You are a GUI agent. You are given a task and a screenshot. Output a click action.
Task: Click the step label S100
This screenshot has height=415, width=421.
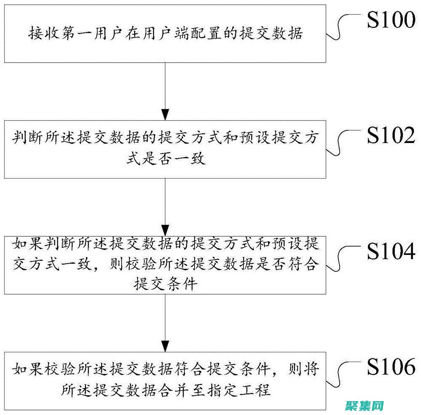pyautogui.click(x=391, y=21)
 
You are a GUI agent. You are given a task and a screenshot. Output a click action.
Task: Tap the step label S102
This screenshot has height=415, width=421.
pyautogui.click(x=391, y=136)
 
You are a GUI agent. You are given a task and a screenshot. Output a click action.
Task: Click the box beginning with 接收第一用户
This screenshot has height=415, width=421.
pyautogui.click(x=166, y=33)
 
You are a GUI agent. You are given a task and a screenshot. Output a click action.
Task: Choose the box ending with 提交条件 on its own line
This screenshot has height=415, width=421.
pyautogui.click(x=166, y=265)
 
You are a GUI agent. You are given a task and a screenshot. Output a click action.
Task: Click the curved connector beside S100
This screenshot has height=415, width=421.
pyautogui.click(x=346, y=26)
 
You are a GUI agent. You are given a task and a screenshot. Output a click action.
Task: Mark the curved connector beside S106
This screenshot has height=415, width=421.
pyautogui.click(x=346, y=374)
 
